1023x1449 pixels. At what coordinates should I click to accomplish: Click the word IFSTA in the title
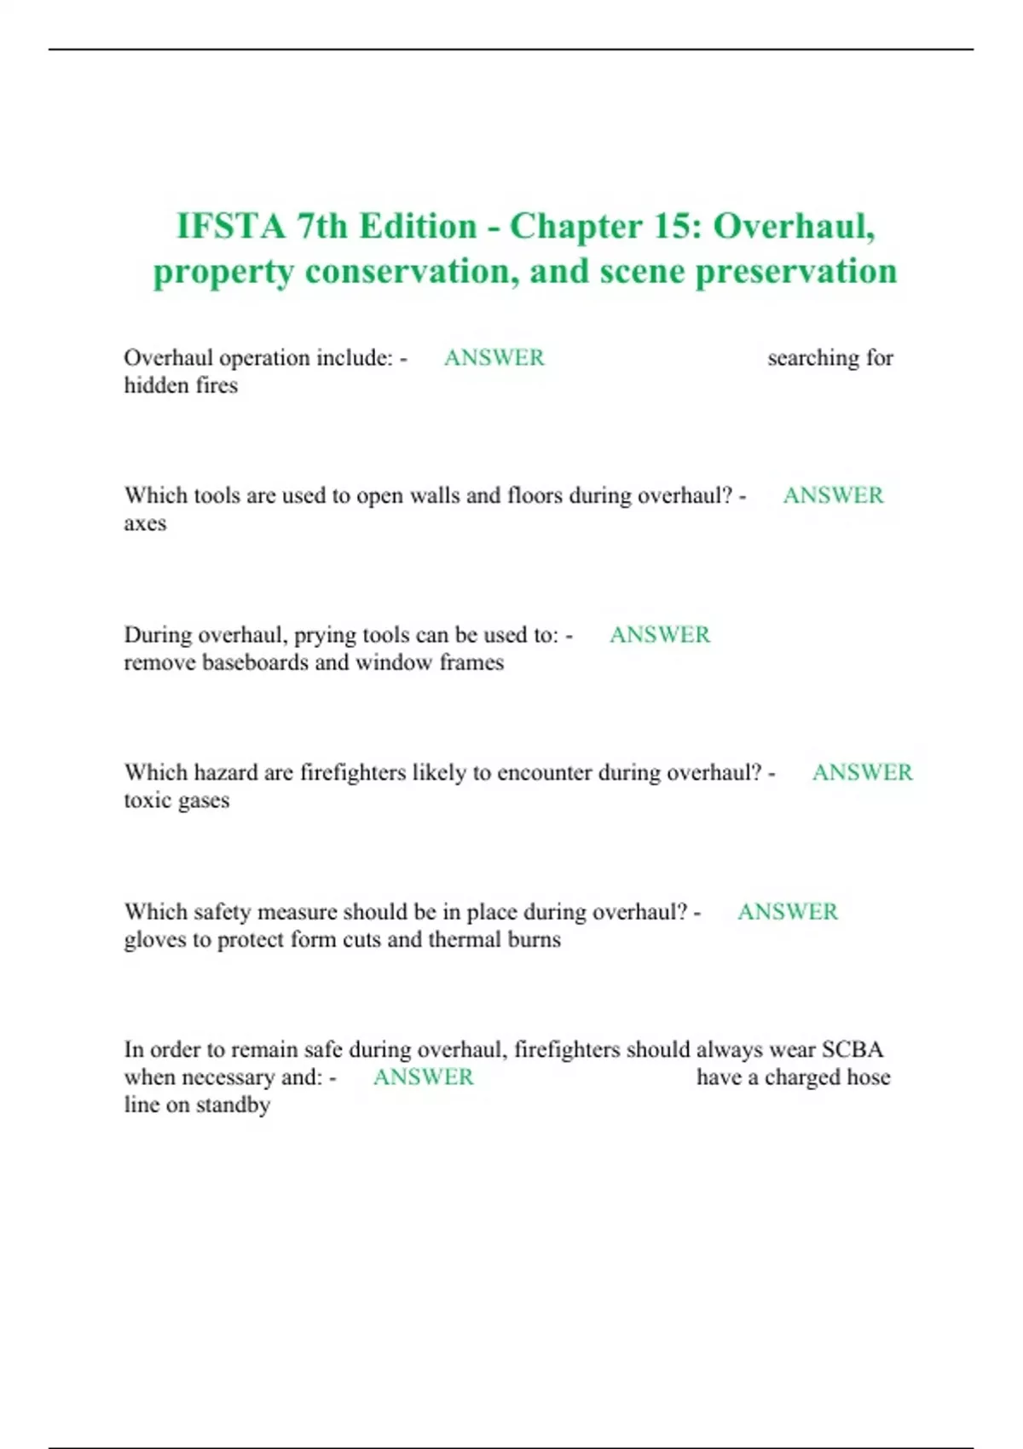point(230,227)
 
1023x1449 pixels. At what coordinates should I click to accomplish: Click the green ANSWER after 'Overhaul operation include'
point(494,358)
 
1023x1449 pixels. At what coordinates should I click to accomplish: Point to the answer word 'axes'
point(145,524)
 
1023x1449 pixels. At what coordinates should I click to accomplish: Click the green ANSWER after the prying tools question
point(659,635)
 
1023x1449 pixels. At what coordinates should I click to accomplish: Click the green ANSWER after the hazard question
point(862,773)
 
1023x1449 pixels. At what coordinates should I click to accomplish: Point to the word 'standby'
point(233,1106)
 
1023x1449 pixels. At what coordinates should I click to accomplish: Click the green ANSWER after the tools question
point(833,496)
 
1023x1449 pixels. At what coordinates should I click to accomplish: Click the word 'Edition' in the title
point(417,227)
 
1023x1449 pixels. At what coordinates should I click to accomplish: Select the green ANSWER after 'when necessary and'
point(423,1077)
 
